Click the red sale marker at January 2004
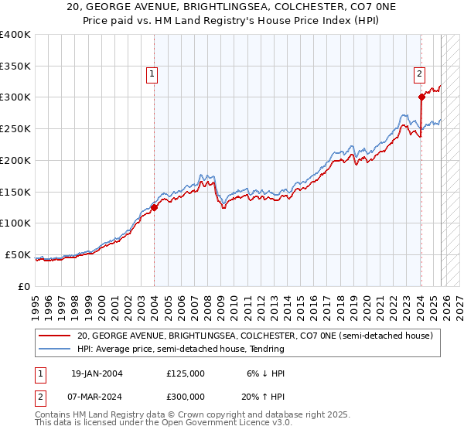tap(154, 207)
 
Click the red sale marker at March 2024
tap(421, 97)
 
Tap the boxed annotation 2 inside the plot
tap(418, 75)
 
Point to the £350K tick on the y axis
tap(15, 66)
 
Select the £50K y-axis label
tap(18, 254)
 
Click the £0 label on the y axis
tap(24, 286)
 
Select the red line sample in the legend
tap(54, 336)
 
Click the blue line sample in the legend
tap(54, 349)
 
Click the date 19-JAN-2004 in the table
tap(97, 373)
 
